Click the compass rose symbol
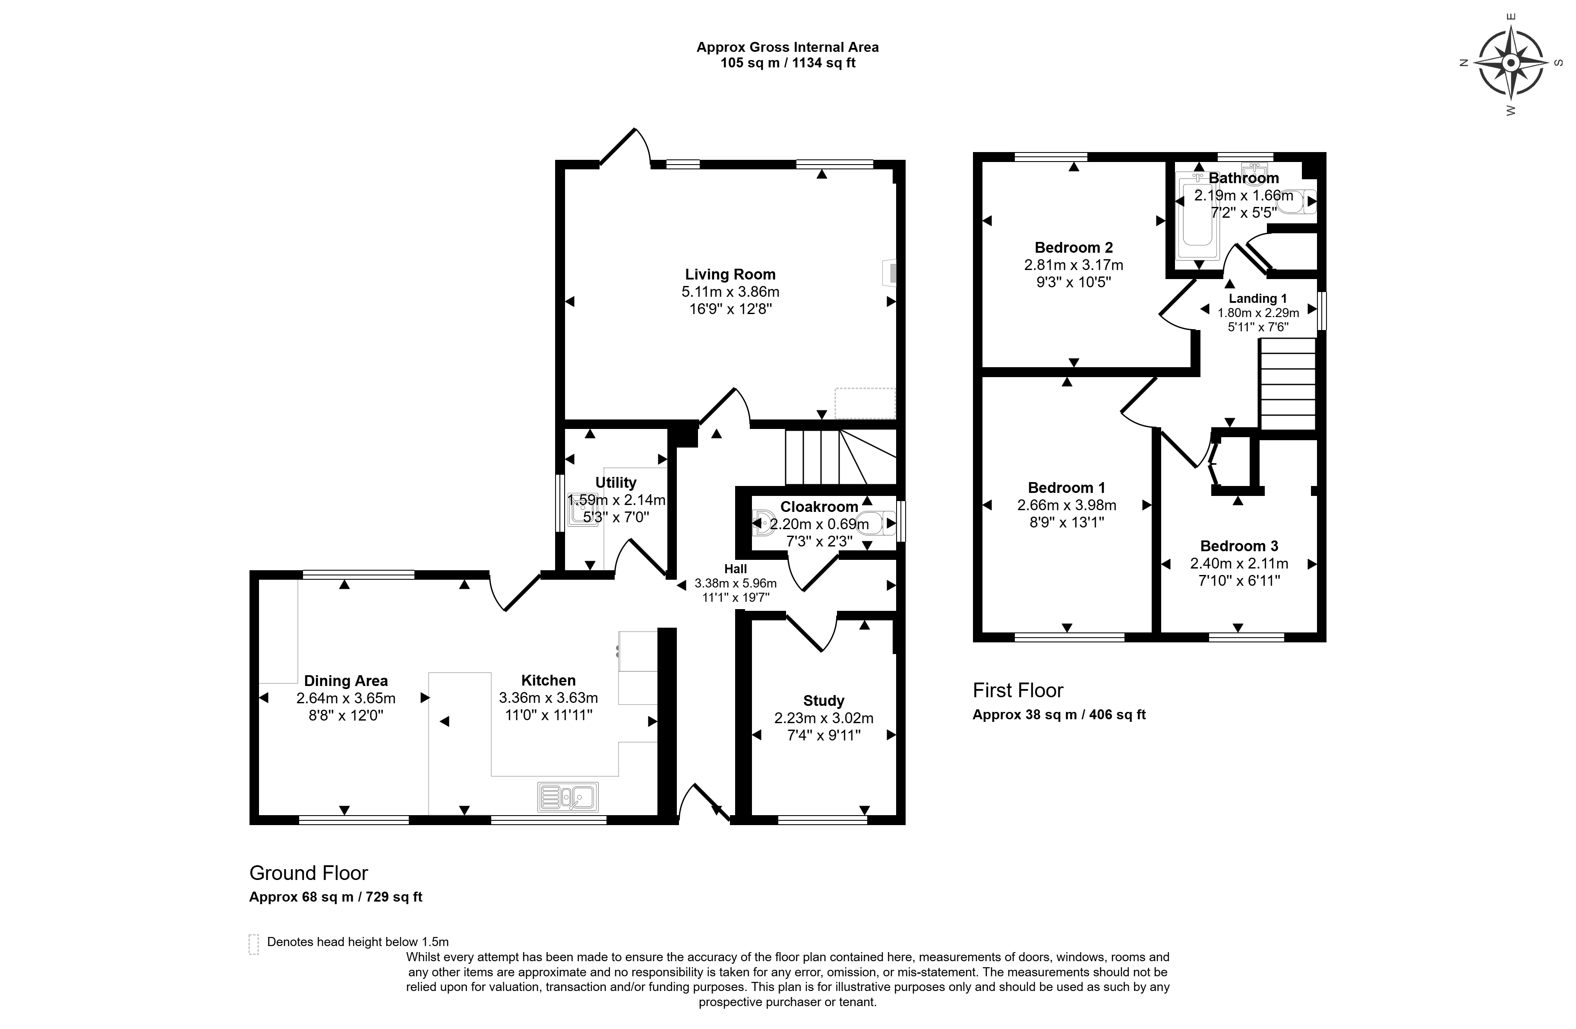pyautogui.click(x=1510, y=64)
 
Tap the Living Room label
pyautogui.click(x=730, y=274)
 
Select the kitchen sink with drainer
pyautogui.click(x=568, y=797)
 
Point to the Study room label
pyautogui.click(x=824, y=701)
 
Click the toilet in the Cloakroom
pyautogui.click(x=874, y=523)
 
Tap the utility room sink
pyautogui.click(x=582, y=508)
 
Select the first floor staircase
pyautogui.click(x=1287, y=384)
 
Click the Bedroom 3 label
pyautogui.click(x=1239, y=546)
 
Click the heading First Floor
pyautogui.click(x=1018, y=690)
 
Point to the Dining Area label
pyautogui.click(x=346, y=681)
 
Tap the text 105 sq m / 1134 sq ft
pyautogui.click(x=788, y=63)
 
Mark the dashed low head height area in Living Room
pyautogui.click(x=865, y=403)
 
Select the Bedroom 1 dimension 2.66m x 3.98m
pyautogui.click(x=1067, y=505)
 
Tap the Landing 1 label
pyautogui.click(x=1257, y=299)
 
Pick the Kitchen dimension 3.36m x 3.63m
pyautogui.click(x=548, y=698)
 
